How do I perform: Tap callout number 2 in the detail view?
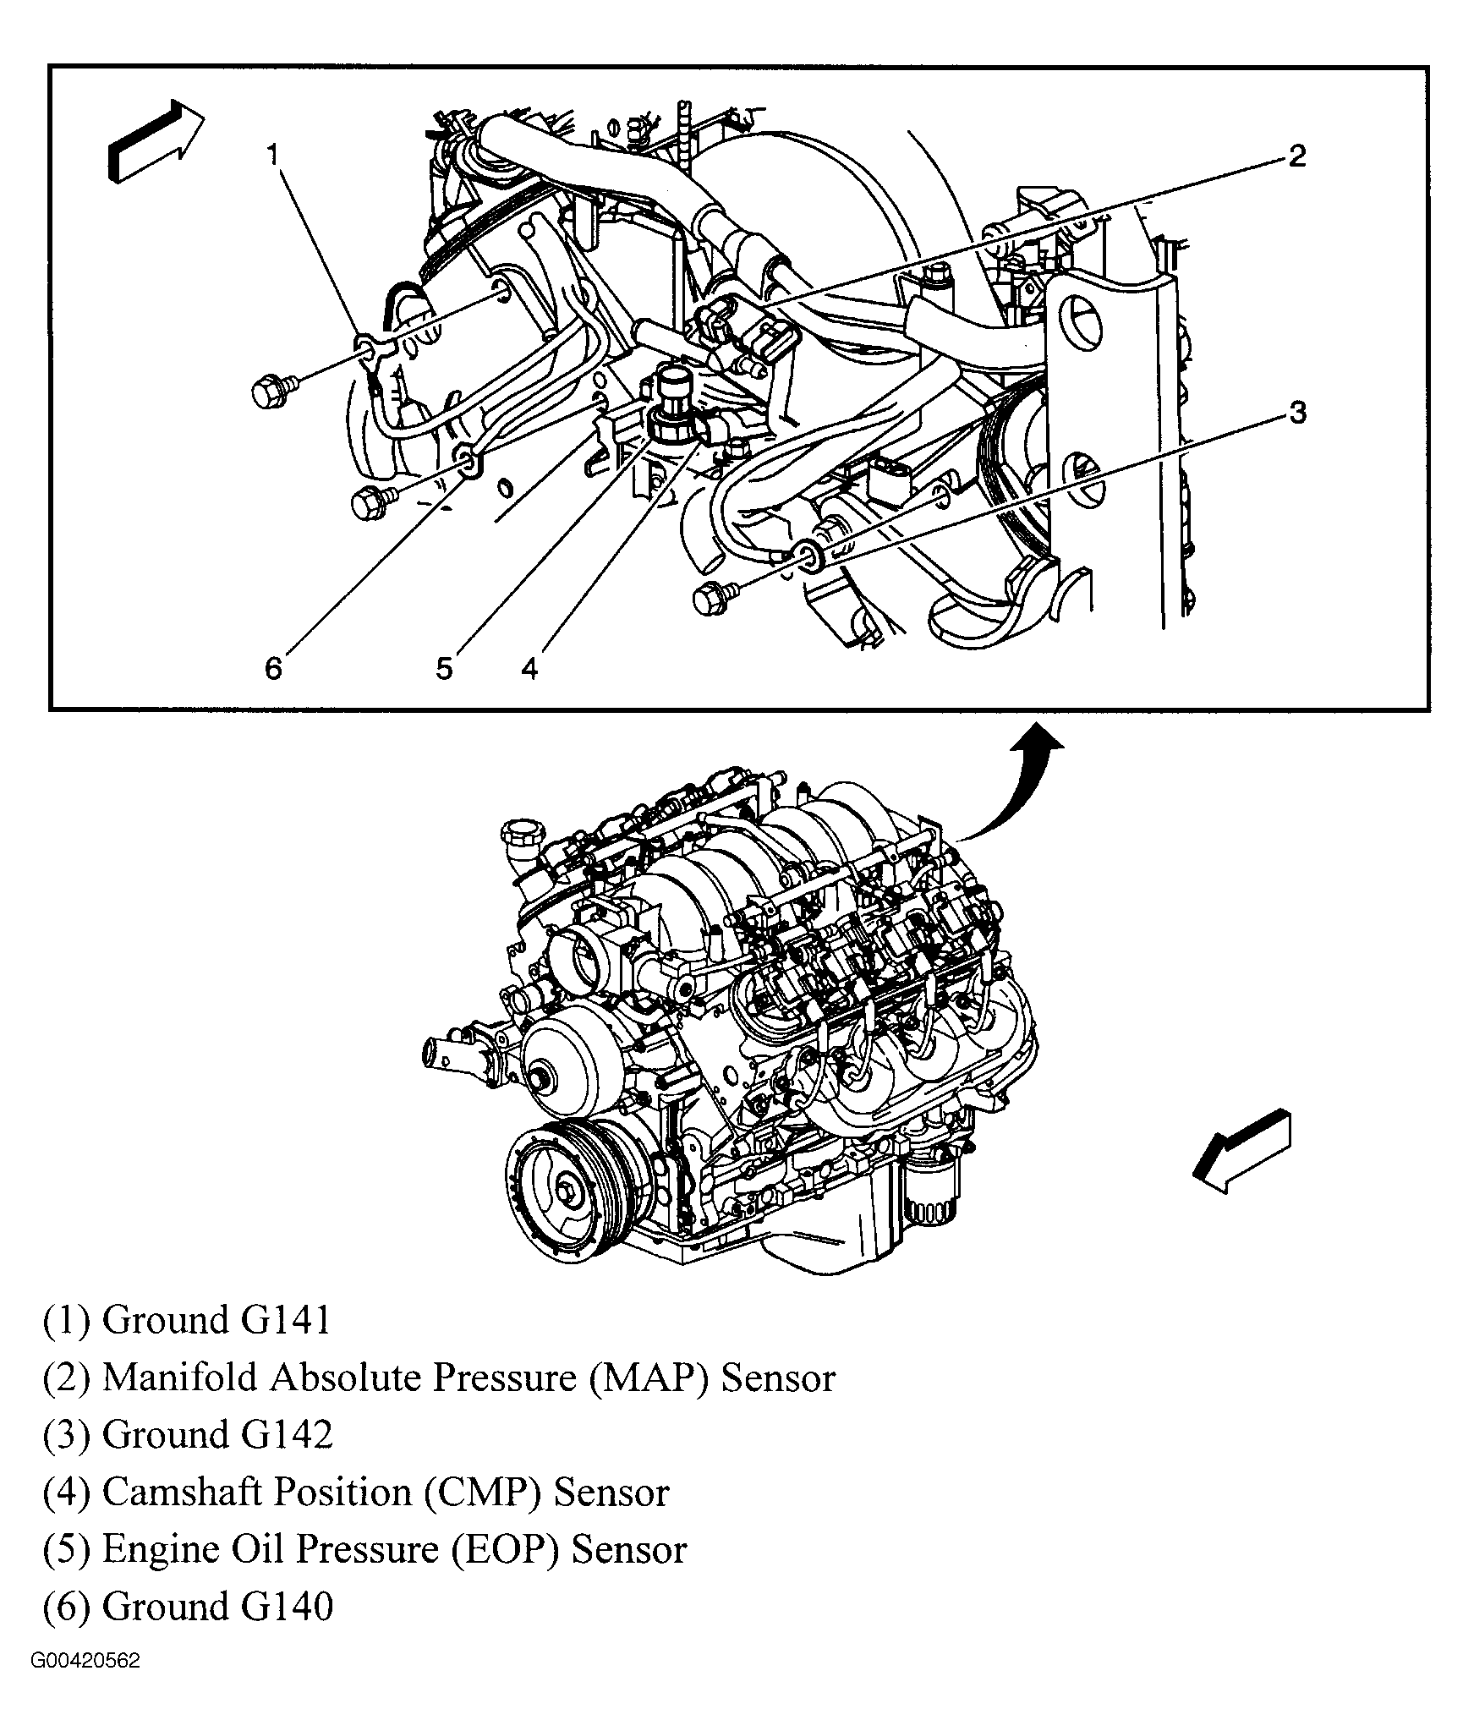pyautogui.click(x=1297, y=156)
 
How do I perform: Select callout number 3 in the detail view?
pyautogui.click(x=1297, y=413)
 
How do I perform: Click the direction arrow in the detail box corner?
pyautogui.click(x=156, y=140)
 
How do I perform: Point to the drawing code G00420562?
pyautogui.click(x=85, y=1684)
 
